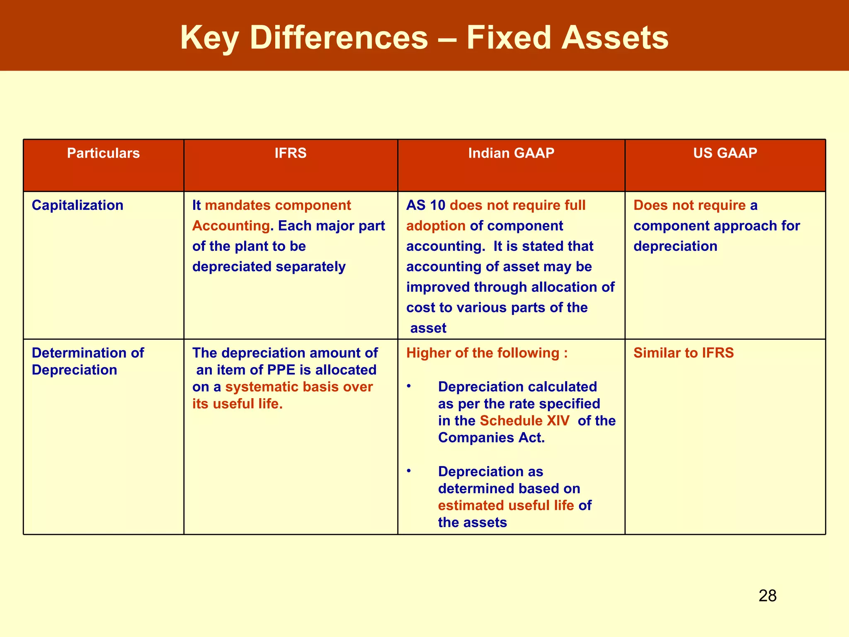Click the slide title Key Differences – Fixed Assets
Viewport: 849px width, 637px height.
[x=424, y=38]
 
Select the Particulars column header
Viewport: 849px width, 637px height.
[x=103, y=153]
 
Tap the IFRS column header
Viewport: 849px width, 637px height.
[x=290, y=153]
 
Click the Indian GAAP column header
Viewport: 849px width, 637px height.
[x=511, y=153]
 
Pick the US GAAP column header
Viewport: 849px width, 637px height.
[x=725, y=153]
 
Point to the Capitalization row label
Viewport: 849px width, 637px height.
[x=78, y=205]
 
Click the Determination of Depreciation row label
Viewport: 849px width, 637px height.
[x=87, y=361]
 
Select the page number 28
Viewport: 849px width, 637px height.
[x=767, y=596]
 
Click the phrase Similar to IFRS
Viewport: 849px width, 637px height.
[x=683, y=353]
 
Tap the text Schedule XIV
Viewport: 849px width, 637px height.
[x=524, y=421]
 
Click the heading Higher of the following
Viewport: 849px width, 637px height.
[x=486, y=353]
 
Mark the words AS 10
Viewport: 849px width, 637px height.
[x=425, y=205]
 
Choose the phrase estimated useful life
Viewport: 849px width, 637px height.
[x=506, y=506]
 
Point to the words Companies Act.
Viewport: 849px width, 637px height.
[x=491, y=438]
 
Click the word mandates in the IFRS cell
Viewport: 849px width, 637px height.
[x=238, y=205]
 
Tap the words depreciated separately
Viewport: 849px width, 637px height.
[x=269, y=267]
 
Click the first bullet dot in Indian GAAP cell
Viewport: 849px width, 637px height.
[x=409, y=386]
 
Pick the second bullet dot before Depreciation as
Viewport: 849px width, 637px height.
[x=409, y=471]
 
